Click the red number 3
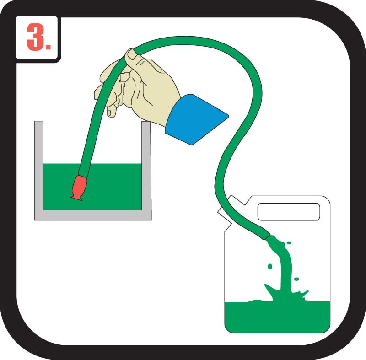(35, 37)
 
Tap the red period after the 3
(48, 46)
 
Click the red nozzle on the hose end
(79, 188)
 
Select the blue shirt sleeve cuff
(196, 119)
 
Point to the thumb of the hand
(131, 55)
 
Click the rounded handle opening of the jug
(289, 212)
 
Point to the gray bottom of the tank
(93, 215)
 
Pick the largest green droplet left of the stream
(270, 266)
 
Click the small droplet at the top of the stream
(289, 242)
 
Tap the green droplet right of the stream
(296, 279)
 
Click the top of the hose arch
(187, 40)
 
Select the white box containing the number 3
(37, 38)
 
